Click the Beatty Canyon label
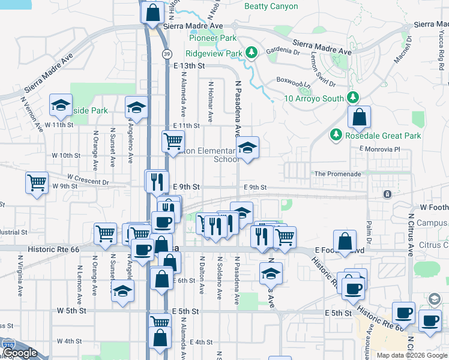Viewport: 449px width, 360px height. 271,7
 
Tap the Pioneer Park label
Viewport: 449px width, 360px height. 210,38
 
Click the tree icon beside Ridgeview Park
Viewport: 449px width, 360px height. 252,53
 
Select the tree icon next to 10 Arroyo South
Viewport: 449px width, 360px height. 353,98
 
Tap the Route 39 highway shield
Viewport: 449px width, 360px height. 166,54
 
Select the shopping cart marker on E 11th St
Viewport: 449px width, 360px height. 173,142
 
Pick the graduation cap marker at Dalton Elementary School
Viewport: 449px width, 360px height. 247,148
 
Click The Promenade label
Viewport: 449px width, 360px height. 338,174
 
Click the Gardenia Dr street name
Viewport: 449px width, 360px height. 283,52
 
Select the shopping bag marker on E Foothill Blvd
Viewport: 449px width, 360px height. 345,242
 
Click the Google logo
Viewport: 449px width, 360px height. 19,353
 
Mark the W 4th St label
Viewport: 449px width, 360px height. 70,341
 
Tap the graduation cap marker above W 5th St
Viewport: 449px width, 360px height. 122,292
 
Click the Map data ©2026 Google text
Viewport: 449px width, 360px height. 411,355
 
